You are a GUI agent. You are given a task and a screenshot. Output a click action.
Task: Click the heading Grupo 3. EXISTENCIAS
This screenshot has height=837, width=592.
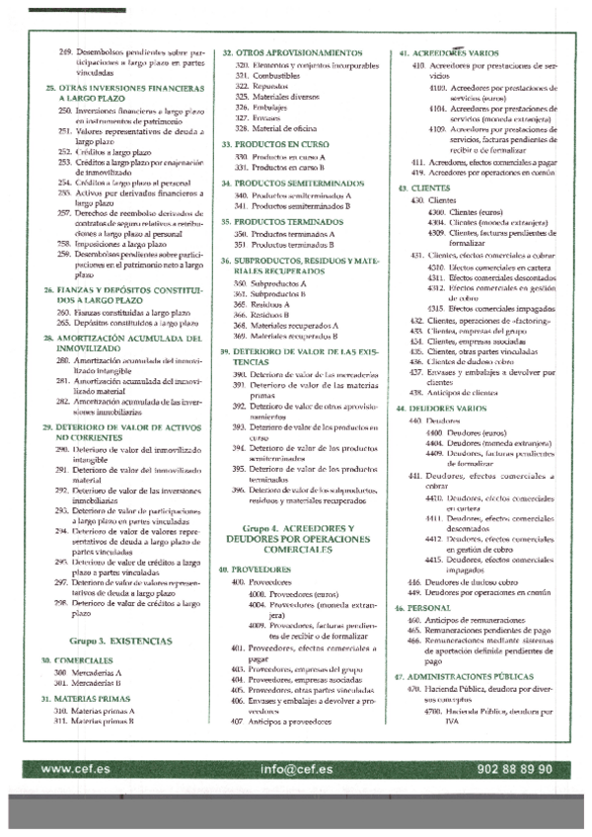[x=113, y=641]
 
